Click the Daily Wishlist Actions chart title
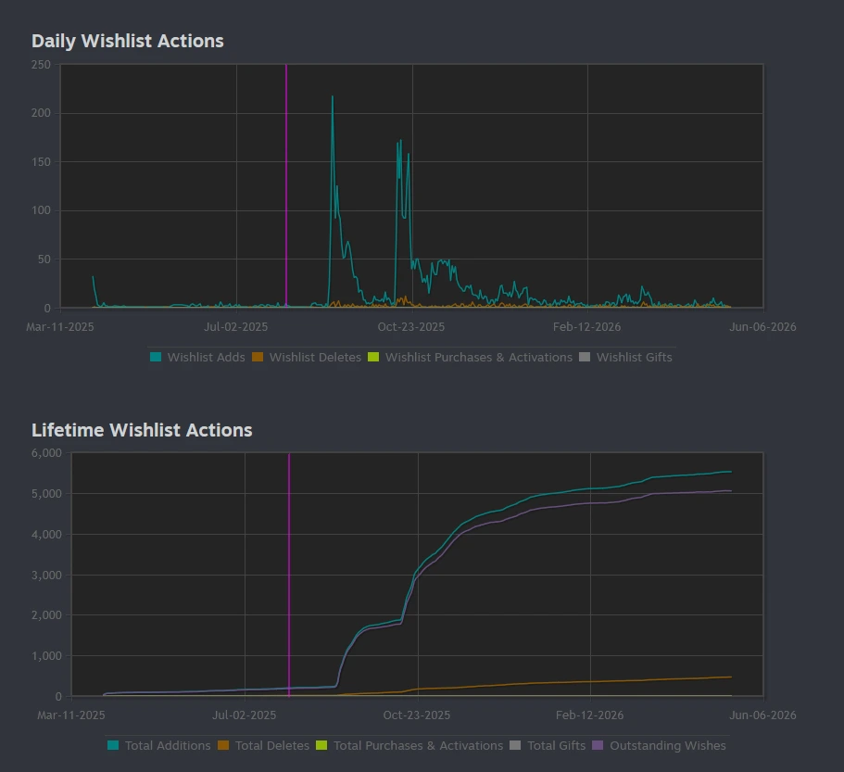click(x=128, y=41)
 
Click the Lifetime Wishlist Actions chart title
click(x=142, y=430)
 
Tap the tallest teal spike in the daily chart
click(x=332, y=97)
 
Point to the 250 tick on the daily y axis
click(x=41, y=65)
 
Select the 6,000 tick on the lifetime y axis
click(x=47, y=453)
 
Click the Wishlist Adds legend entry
click(x=197, y=357)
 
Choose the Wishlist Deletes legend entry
click(x=307, y=357)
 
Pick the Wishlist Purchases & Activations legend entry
click(x=470, y=357)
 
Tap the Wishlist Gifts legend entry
click(x=625, y=357)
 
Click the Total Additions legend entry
click(x=159, y=746)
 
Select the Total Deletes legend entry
click(x=264, y=746)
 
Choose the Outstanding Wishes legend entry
click(x=660, y=746)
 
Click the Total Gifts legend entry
click(x=548, y=746)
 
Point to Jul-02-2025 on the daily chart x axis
click(x=235, y=327)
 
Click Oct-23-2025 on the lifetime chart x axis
click(x=417, y=715)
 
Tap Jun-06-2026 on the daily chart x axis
click(x=762, y=327)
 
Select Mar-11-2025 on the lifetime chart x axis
click(x=71, y=715)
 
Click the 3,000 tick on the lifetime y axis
click(x=47, y=575)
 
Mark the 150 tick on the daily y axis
click(x=41, y=162)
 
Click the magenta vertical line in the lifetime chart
click(x=289, y=575)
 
